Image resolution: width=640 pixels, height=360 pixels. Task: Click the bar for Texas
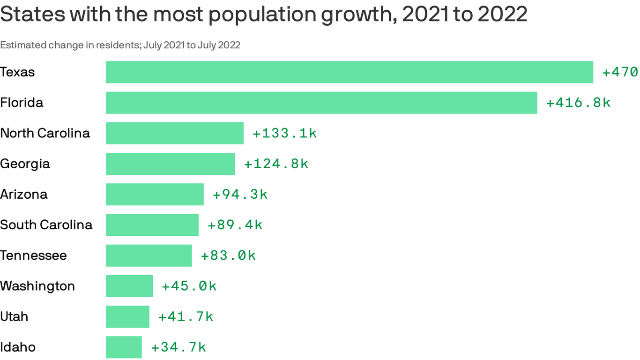pyautogui.click(x=350, y=72)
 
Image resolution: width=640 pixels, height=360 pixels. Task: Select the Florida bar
pyautogui.click(x=321, y=103)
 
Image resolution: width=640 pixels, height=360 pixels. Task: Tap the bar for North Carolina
pyautogui.click(x=175, y=133)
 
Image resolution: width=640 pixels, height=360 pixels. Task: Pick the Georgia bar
pyautogui.click(x=171, y=164)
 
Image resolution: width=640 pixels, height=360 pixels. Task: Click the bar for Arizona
pyautogui.click(x=155, y=194)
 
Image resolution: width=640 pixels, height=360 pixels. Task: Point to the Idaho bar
pyautogui.click(x=124, y=347)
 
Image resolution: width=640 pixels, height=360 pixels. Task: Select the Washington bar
pyautogui.click(x=129, y=286)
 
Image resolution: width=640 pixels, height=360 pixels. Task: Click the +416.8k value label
pyautogui.click(x=578, y=103)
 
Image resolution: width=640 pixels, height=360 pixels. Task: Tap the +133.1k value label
pyautogui.click(x=284, y=133)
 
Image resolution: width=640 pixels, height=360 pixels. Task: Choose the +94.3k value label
pyautogui.click(x=240, y=194)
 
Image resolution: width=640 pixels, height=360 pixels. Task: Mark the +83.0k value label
pyautogui.click(x=228, y=255)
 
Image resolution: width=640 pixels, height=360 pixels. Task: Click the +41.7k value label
pyautogui.click(x=186, y=316)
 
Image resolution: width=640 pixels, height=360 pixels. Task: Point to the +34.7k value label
pyautogui.click(x=178, y=347)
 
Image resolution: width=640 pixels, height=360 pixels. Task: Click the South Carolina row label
pyautogui.click(x=46, y=225)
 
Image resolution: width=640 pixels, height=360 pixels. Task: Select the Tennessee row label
pyautogui.click(x=33, y=255)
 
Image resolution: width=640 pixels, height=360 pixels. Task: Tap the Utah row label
pyautogui.click(x=14, y=316)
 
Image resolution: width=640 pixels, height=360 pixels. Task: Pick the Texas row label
pyautogui.click(x=17, y=72)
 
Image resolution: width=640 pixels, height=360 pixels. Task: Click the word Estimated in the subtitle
pyautogui.click(x=22, y=45)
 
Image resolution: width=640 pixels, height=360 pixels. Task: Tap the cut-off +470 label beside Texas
pyautogui.click(x=620, y=72)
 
